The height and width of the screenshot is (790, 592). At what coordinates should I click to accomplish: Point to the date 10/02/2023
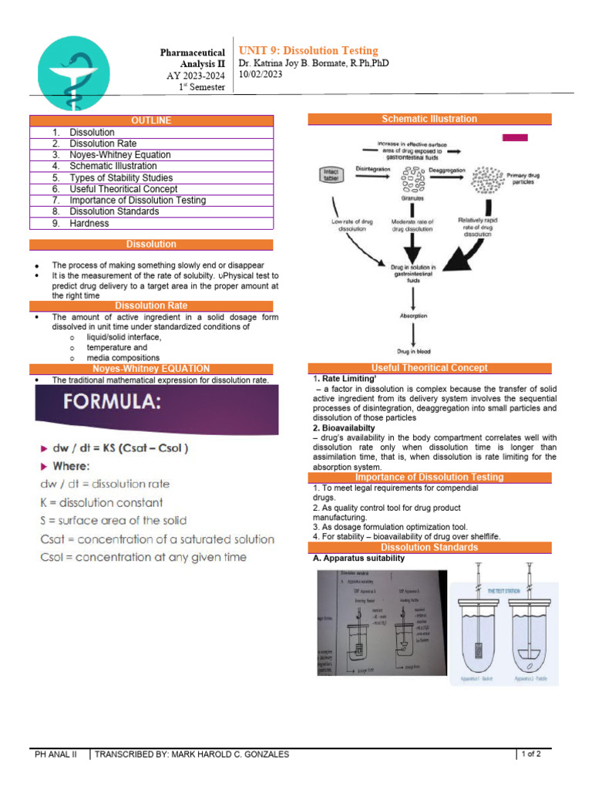(x=261, y=75)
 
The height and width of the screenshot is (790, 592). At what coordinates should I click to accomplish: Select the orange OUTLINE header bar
(x=151, y=120)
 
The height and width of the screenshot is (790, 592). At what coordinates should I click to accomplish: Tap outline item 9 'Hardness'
(x=89, y=224)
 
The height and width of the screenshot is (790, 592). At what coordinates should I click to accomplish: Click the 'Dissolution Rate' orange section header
(x=151, y=306)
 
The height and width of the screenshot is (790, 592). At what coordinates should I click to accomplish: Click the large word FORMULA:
(x=116, y=403)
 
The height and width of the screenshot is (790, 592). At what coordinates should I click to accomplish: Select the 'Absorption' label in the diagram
(x=414, y=316)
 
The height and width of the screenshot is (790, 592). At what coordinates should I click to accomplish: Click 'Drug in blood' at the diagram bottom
(x=414, y=351)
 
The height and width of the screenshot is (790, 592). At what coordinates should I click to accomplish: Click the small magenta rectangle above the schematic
(x=514, y=137)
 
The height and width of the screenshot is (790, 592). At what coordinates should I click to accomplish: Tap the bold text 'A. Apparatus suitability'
(x=358, y=558)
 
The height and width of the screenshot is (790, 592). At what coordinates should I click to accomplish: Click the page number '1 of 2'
(x=532, y=754)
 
